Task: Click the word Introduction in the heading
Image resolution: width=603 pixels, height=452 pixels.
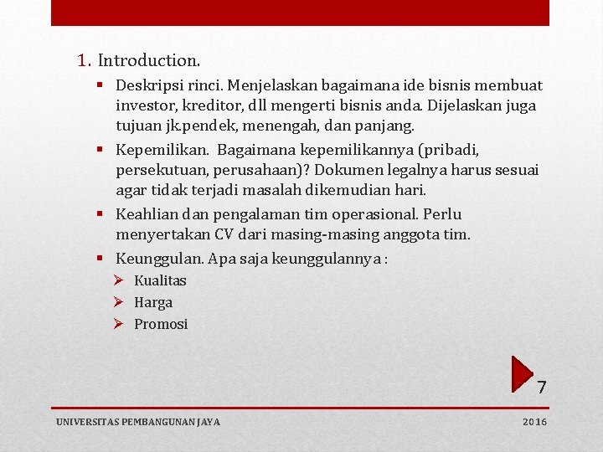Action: tap(148, 60)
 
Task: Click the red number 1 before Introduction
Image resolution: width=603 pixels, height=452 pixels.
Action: tap(82, 60)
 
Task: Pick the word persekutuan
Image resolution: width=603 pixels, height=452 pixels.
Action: tap(162, 170)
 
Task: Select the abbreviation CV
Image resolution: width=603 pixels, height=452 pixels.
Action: tap(224, 234)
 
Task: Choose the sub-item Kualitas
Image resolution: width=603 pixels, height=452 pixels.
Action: tap(160, 280)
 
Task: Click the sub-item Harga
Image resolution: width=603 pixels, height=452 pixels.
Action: tap(153, 303)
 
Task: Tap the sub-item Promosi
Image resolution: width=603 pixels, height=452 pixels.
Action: tap(161, 324)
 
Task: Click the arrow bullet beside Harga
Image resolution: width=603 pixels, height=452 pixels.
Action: tap(118, 302)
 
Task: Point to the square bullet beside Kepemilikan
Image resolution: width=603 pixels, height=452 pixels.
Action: tap(100, 149)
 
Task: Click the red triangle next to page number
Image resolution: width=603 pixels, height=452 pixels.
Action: tap(522, 374)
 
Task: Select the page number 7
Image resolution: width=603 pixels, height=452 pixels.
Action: tap(542, 387)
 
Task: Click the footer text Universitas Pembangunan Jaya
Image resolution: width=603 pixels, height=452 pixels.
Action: tap(138, 422)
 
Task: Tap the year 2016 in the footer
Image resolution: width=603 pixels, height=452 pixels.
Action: tap(534, 422)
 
